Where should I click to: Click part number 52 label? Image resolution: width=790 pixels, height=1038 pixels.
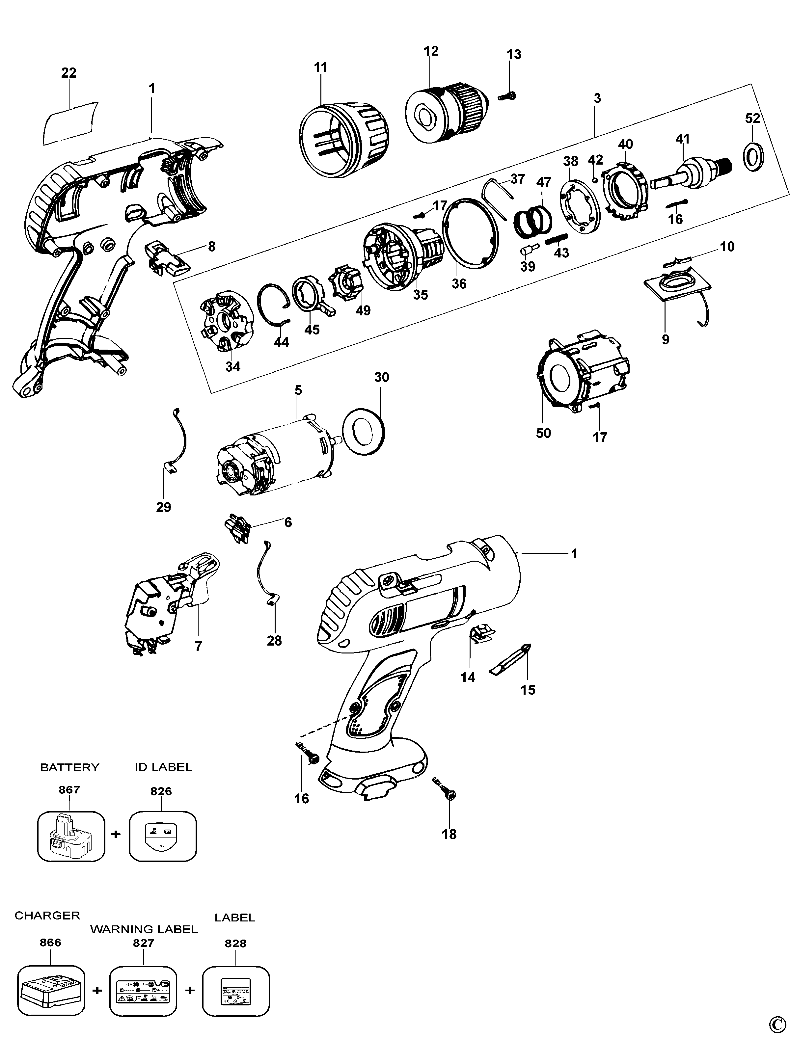click(x=752, y=119)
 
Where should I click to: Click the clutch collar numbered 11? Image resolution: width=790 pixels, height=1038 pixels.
click(x=344, y=140)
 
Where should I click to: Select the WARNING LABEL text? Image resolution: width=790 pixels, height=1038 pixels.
click(x=144, y=929)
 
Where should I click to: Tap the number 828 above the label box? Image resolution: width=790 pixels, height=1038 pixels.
click(x=235, y=944)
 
